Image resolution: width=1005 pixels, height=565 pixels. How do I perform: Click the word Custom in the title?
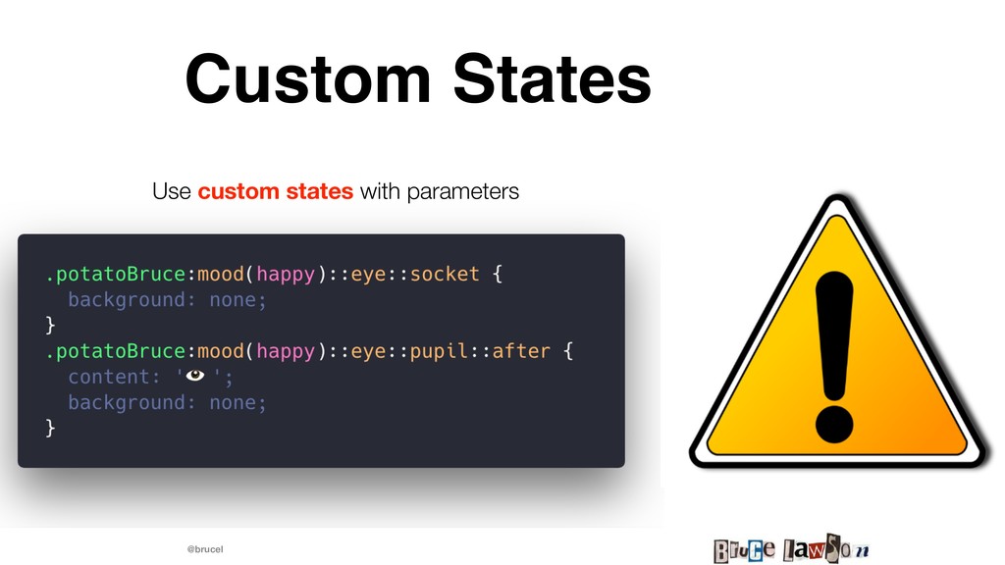pyautogui.click(x=307, y=78)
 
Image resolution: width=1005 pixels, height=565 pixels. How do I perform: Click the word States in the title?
pyautogui.click(x=553, y=78)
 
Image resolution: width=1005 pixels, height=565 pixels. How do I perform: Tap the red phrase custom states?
pyautogui.click(x=275, y=191)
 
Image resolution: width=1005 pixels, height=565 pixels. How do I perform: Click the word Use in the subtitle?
pyautogui.click(x=171, y=191)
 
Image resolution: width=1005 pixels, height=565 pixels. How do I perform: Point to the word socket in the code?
pyautogui.click(x=445, y=274)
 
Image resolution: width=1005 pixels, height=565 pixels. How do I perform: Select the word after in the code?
pyautogui.click(x=521, y=351)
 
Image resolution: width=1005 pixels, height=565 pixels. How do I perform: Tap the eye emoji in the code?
pyautogui.click(x=195, y=376)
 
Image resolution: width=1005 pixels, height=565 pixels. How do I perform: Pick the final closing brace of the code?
pyautogui.click(x=51, y=428)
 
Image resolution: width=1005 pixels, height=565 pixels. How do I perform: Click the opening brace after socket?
pyautogui.click(x=498, y=275)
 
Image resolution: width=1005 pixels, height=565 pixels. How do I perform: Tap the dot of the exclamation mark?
pyautogui.click(x=834, y=424)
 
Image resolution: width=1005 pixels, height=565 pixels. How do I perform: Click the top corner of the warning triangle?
pyautogui.click(x=837, y=195)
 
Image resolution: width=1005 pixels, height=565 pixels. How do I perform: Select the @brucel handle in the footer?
pyautogui.click(x=205, y=549)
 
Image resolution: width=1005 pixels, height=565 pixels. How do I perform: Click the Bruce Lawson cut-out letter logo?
pyautogui.click(x=792, y=549)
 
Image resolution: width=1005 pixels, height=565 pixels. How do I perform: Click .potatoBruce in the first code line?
pyautogui.click(x=116, y=275)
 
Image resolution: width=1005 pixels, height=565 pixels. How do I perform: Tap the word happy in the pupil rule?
pyautogui.click(x=286, y=352)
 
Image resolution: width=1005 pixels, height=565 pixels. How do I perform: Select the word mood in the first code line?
pyautogui.click(x=221, y=275)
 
